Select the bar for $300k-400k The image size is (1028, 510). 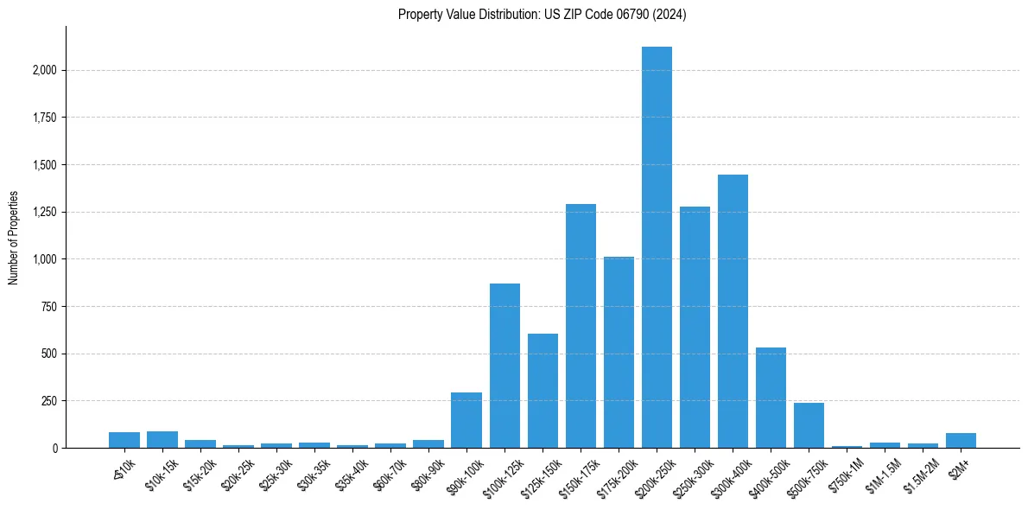[x=733, y=311]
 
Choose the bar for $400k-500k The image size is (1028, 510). [x=771, y=398]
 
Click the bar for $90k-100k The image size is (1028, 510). [x=466, y=420]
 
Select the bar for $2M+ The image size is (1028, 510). [x=961, y=440]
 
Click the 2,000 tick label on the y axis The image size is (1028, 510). [x=45, y=70]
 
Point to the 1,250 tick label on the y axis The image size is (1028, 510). [x=45, y=212]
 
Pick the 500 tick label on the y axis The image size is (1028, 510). [x=50, y=354]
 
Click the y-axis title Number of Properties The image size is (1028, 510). [x=13, y=237]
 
